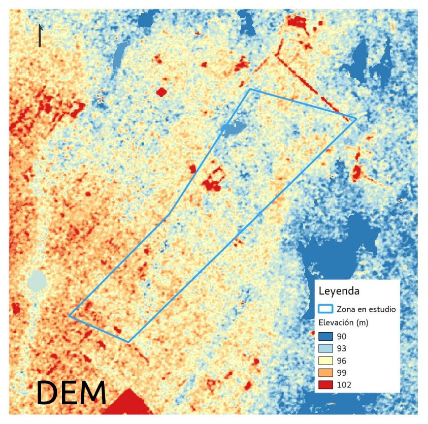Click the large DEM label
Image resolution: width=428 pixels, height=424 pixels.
coord(72,393)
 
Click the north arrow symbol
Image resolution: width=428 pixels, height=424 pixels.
coord(40,36)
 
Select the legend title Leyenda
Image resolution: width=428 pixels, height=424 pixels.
coord(339,291)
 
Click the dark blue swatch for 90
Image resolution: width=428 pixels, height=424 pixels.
coord(325,337)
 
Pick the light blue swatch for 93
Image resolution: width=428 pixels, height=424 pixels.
coord(325,349)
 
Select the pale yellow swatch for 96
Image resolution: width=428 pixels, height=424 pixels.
coord(325,361)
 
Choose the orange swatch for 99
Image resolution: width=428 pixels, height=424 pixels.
coord(325,373)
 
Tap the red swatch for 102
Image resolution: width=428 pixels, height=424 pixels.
coord(325,385)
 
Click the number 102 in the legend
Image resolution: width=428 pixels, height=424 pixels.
coord(344,385)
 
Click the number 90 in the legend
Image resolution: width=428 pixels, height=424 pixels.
coord(342,337)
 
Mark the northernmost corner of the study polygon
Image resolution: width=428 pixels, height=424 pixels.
coord(250,89)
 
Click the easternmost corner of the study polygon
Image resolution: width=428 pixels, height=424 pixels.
coord(355,118)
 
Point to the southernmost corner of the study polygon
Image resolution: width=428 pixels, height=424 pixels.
coord(128,342)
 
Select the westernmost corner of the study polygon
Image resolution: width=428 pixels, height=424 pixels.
coord(70,316)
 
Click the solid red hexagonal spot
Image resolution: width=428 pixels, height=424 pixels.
coord(161,92)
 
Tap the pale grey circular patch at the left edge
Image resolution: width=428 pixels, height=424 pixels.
coord(37,280)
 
